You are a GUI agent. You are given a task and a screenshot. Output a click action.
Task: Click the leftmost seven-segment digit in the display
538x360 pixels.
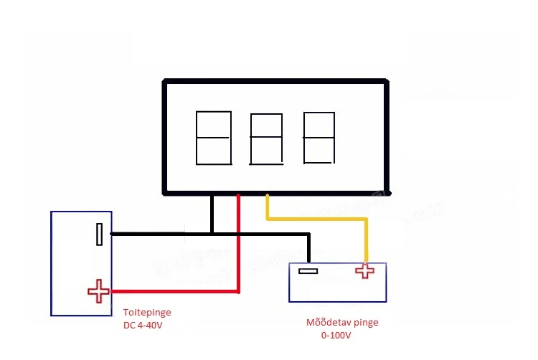click(214, 138)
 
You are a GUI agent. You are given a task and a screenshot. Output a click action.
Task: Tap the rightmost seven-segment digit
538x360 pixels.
click(318, 138)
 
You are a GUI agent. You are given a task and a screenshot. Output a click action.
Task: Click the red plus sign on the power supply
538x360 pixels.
click(98, 291)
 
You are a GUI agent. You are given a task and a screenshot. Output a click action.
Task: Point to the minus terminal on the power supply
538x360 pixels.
click(100, 234)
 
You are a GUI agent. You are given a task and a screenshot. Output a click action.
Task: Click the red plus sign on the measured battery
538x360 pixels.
click(365, 270)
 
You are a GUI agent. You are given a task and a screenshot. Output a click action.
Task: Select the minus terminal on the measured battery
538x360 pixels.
click(308, 271)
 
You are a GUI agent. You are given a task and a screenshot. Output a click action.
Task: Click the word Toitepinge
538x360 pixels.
click(147, 313)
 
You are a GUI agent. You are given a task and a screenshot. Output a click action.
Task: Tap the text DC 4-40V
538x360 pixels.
click(144, 326)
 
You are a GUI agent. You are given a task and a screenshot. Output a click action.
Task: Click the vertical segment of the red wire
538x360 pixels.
click(238, 244)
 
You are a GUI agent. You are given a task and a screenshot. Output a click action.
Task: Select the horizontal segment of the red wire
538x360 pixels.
click(172, 291)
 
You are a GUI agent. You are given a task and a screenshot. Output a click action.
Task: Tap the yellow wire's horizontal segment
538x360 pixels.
click(316, 219)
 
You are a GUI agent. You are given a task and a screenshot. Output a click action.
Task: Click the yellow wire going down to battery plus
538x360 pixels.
click(366, 240)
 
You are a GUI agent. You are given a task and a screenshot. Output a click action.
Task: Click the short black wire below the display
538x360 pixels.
click(212, 213)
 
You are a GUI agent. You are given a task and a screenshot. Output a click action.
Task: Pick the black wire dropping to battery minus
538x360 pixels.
click(308, 247)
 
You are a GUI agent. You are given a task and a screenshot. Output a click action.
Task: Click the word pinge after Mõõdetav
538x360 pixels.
click(364, 323)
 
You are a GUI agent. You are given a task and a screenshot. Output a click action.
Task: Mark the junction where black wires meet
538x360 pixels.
click(212, 233)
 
